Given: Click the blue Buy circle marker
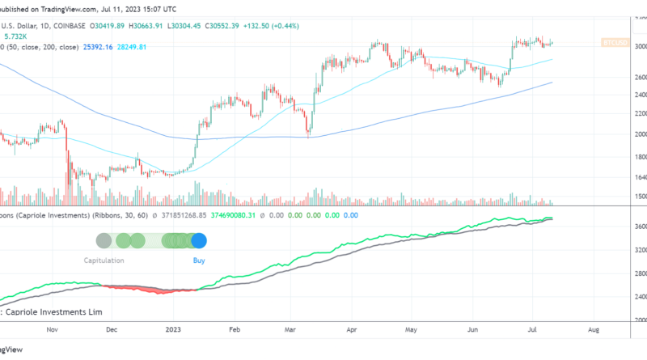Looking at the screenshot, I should (x=199, y=240).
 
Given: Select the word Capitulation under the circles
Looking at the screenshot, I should (x=104, y=260).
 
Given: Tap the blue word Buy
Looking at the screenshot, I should (x=199, y=260).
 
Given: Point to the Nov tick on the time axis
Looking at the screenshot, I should (x=53, y=353).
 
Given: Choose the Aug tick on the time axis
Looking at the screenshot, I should (x=593, y=353).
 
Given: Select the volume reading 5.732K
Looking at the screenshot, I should (x=16, y=36).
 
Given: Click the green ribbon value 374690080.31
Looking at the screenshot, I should (x=233, y=216).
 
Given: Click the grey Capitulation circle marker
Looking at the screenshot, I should (x=104, y=240).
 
